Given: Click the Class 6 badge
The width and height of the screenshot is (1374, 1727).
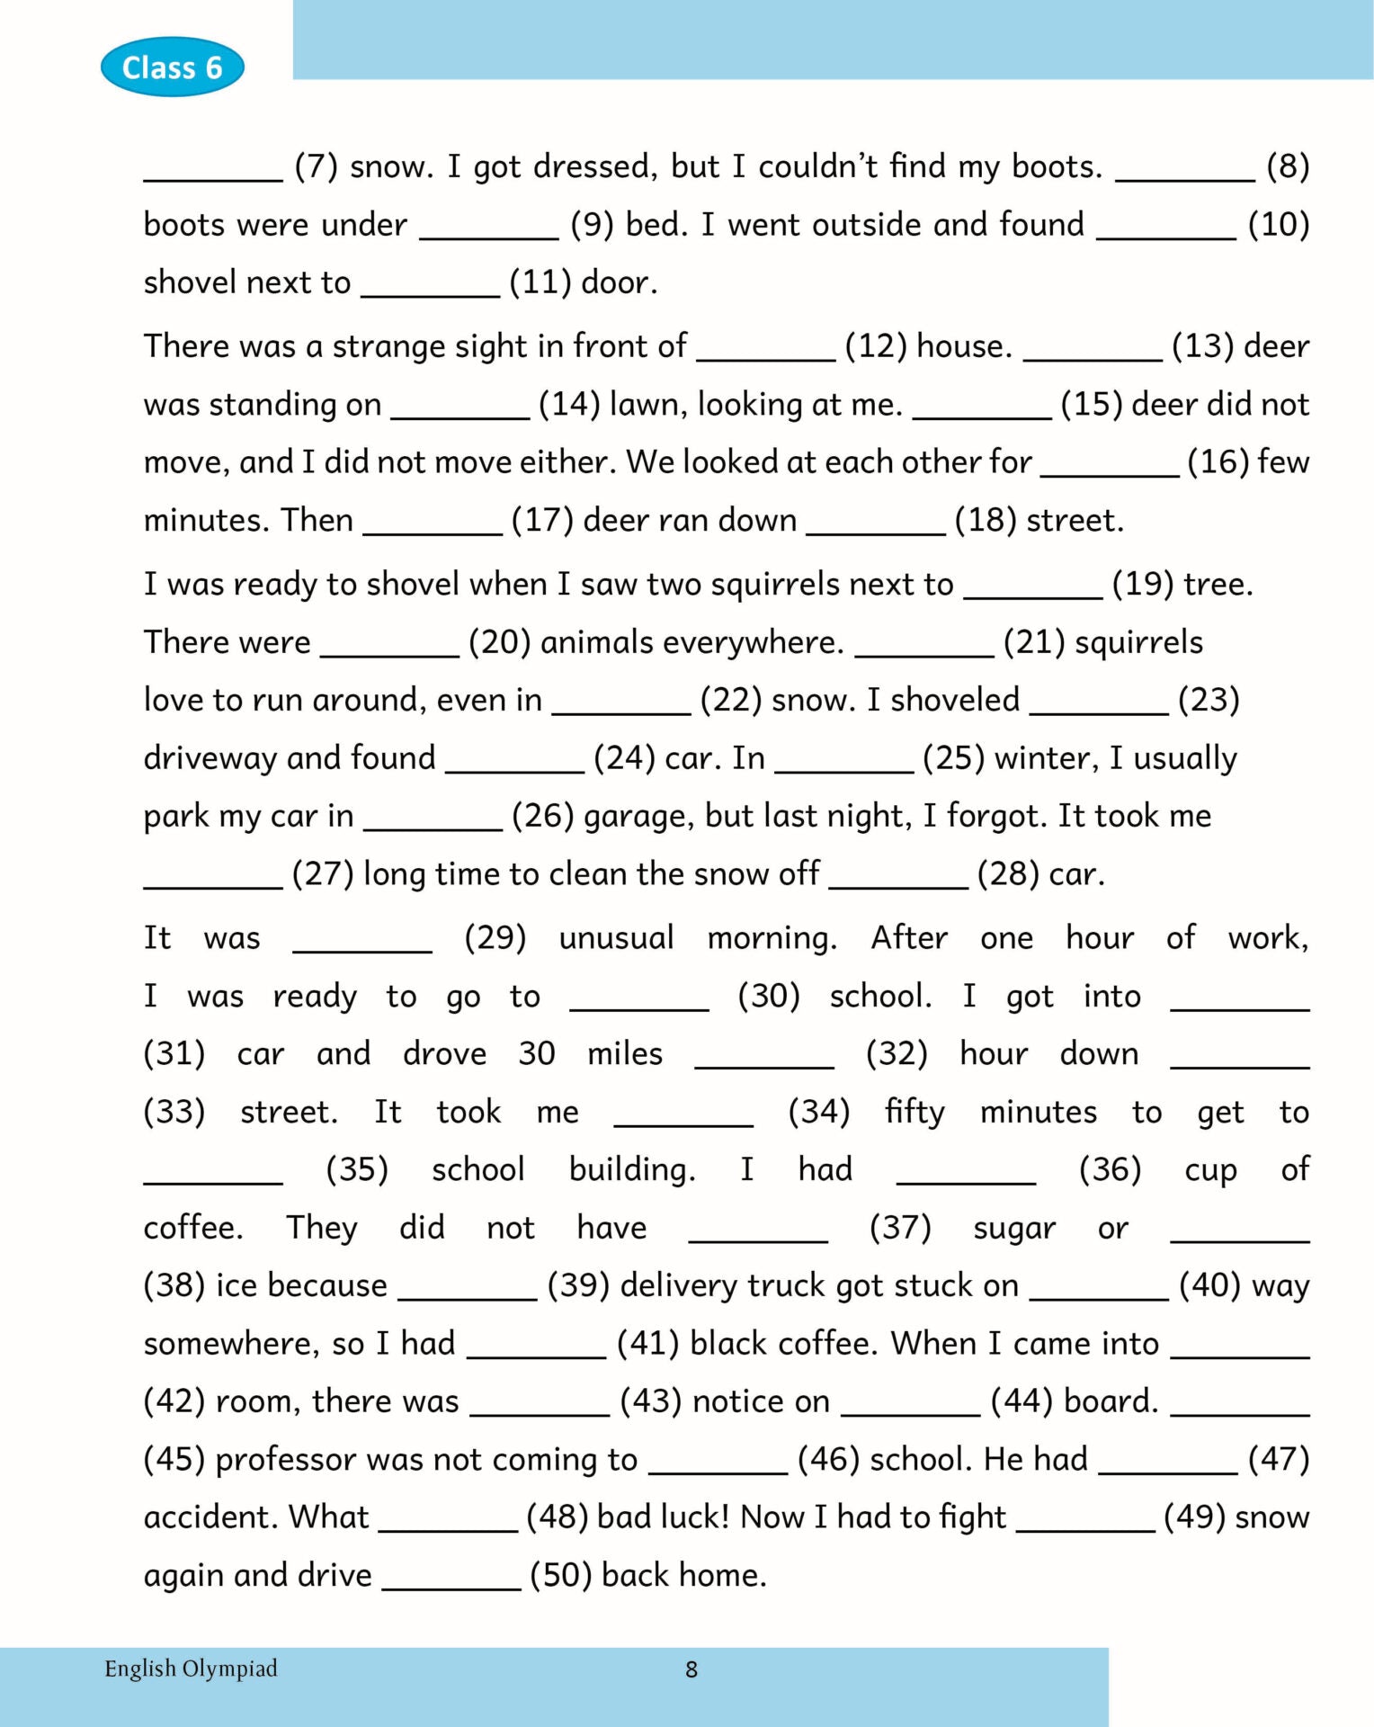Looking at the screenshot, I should coord(172,67).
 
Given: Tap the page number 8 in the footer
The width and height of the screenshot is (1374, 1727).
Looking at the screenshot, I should coord(691,1669).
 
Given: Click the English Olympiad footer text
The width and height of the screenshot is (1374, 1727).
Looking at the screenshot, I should coord(191,1669).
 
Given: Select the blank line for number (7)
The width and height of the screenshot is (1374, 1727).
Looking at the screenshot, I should coord(213,177).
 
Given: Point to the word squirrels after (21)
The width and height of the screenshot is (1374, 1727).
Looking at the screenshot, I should coord(1138,642).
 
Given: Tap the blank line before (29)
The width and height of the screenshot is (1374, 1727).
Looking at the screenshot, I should coord(362,949).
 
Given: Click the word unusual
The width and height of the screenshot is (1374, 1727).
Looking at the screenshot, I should coord(616,938).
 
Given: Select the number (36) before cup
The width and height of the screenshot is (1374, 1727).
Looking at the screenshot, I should coord(1110,1169).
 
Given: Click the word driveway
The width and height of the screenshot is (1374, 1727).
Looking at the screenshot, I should coord(213,758).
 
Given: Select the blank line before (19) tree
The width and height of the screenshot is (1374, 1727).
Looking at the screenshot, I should coord(1033,595).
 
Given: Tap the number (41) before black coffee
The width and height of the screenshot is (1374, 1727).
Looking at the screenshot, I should coord(647,1343).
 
